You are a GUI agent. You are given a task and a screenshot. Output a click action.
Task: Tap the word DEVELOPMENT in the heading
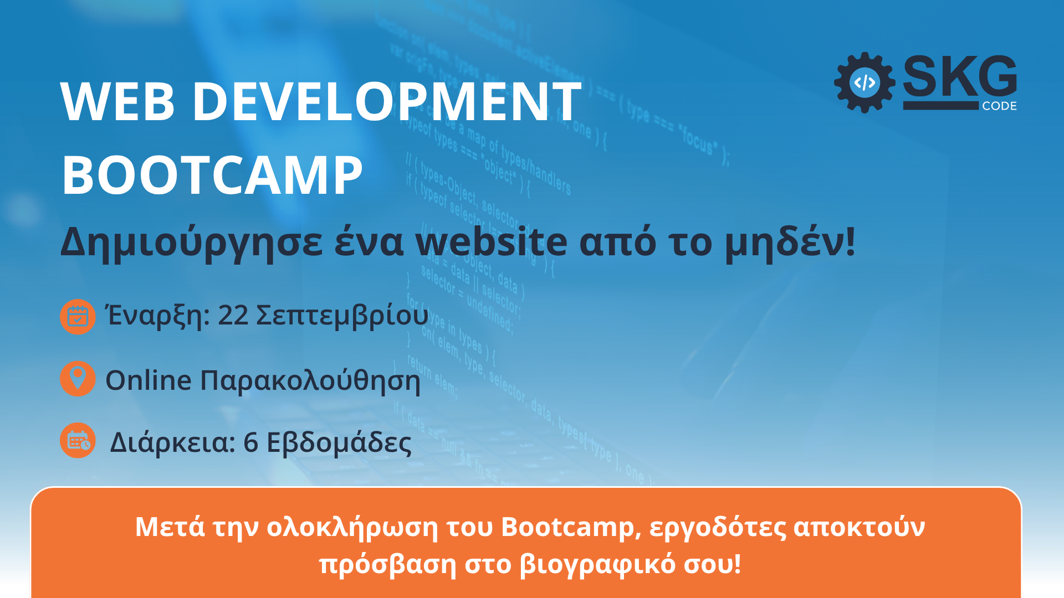[x=387, y=101]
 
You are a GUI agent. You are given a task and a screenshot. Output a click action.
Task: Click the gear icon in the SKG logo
[x=864, y=83]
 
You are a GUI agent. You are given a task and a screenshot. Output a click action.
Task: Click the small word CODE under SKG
[x=999, y=106]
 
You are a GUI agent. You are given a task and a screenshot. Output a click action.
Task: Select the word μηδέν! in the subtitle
[x=790, y=243]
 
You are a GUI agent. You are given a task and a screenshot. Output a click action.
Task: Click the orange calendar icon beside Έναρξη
[x=78, y=317]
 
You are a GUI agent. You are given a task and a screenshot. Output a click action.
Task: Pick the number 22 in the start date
[x=233, y=315]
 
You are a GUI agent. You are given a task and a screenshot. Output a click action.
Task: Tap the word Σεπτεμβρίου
[x=342, y=316]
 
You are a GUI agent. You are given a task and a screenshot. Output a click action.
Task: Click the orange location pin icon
[x=78, y=379]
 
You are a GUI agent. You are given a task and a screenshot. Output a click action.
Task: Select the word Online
[x=149, y=380]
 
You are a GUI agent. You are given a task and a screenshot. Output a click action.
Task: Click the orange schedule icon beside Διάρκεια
[x=78, y=441]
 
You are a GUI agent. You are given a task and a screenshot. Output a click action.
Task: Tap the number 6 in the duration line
[x=250, y=442]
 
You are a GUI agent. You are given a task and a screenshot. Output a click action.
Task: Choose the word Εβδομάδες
[x=339, y=442]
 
